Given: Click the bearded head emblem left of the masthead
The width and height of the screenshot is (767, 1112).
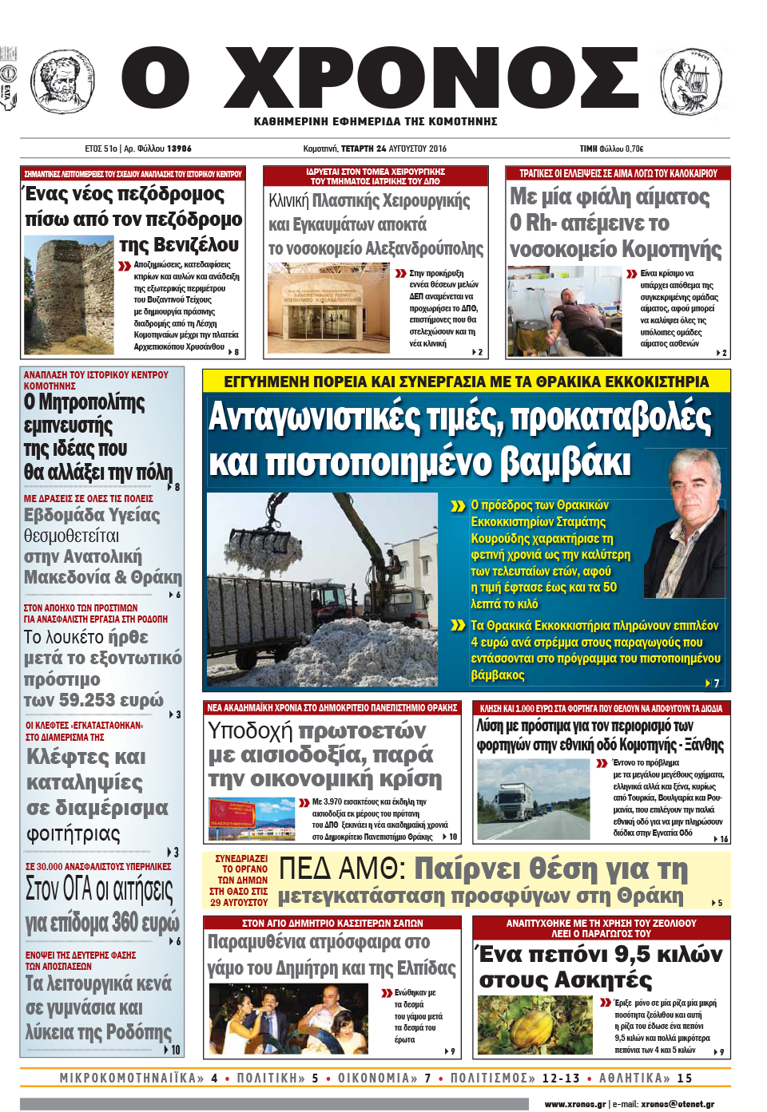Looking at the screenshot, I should pyautogui.click(x=62, y=81).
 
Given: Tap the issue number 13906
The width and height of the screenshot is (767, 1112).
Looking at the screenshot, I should pyautogui.click(x=179, y=148).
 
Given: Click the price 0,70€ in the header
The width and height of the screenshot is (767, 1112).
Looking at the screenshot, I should pyautogui.click(x=634, y=148).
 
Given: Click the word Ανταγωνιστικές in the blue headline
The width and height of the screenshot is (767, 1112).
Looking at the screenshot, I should pyautogui.click(x=315, y=417).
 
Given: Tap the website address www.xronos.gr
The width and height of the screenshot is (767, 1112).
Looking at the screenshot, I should pyautogui.click(x=574, y=1104).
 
